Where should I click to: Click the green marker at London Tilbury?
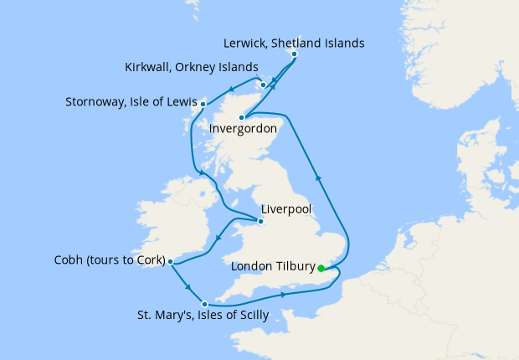(321, 269)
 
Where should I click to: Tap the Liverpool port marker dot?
(261, 222)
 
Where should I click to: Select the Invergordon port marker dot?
(241, 117)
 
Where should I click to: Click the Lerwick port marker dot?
(294, 55)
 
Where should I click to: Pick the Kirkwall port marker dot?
(263, 84)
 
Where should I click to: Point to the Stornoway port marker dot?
(203, 104)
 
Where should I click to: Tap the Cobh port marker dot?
(171, 261)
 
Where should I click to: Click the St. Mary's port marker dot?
(204, 303)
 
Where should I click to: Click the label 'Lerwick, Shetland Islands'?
(295, 42)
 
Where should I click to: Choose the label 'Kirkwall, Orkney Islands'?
(191, 67)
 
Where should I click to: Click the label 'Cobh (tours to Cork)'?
(103, 259)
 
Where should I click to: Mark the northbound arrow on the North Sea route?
(317, 177)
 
